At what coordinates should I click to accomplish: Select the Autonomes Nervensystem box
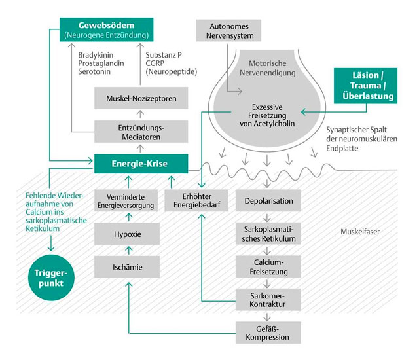pyautogui.click(x=228, y=29)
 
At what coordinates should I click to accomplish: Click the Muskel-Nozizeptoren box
pyautogui.click(x=141, y=99)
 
